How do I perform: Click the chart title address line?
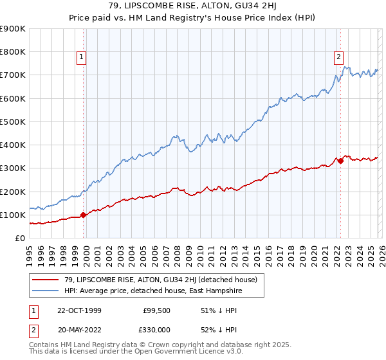pos(192,7)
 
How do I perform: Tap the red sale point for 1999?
pos(84,215)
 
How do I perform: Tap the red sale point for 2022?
pos(341,161)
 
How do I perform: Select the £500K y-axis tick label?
pos(13,122)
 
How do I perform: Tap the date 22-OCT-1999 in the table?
pos(79,310)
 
